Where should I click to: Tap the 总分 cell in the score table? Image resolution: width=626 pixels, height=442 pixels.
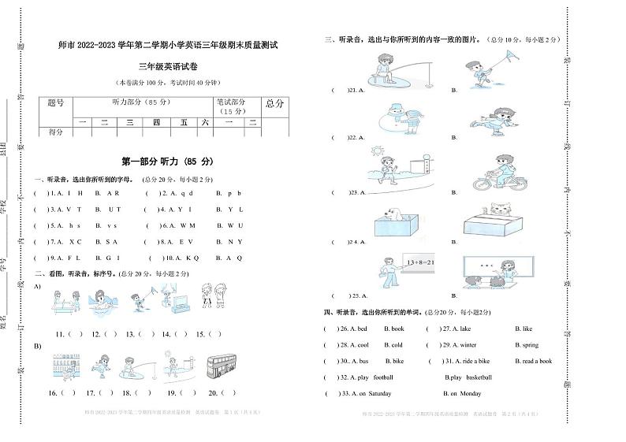point(274,103)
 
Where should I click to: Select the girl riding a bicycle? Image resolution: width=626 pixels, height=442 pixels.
point(501,173)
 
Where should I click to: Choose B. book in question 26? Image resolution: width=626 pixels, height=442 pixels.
point(393,329)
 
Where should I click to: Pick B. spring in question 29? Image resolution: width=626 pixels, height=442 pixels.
point(526,344)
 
